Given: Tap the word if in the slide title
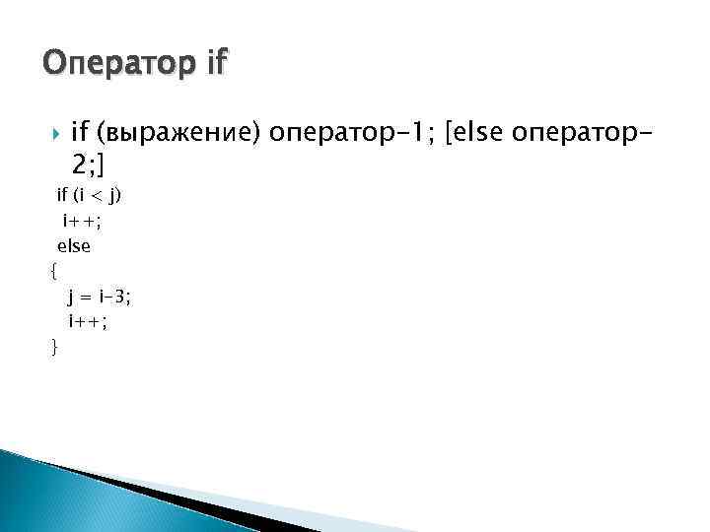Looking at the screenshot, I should coord(214,64).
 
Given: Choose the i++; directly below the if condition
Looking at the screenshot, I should coord(83,221).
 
